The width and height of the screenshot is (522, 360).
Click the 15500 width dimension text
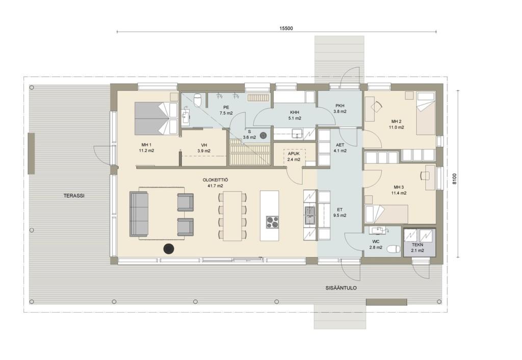286,29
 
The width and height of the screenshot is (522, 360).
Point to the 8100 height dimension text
455,179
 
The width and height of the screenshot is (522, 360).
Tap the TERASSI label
74,196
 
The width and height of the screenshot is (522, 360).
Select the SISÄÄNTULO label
341,288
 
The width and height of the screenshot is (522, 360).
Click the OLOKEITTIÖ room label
216,183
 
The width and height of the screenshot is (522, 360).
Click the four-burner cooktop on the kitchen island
272,222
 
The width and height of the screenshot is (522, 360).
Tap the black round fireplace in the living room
169,248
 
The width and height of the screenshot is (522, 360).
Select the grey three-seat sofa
139,214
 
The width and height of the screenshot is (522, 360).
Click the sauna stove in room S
264,136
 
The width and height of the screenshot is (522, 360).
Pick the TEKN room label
417,247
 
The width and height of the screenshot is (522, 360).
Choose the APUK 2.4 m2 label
294,157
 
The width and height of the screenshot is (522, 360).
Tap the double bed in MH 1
156,119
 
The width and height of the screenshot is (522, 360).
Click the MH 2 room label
396,124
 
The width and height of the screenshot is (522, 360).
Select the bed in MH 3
386,214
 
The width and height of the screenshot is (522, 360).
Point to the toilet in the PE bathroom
198,100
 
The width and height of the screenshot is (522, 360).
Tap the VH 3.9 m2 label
204,148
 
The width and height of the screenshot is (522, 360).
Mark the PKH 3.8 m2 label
341,109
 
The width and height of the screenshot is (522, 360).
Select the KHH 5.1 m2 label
295,115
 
